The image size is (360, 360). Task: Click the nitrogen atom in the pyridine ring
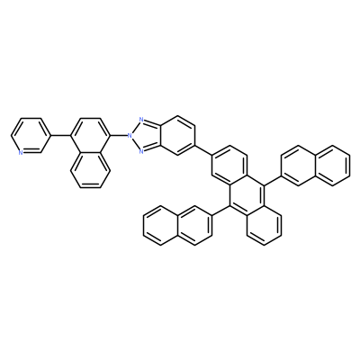point(20,152)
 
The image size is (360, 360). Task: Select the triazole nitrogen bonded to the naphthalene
point(130,136)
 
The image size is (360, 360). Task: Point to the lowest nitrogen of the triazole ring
point(141,151)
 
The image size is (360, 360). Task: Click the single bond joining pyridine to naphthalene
point(59,136)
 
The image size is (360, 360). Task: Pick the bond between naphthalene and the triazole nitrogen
point(119,136)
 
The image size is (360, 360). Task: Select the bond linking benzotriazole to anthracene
point(202,150)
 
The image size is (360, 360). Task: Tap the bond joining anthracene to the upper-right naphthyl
point(273,181)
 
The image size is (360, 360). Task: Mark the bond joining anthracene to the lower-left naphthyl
point(220,211)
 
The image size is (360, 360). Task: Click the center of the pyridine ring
point(30,136)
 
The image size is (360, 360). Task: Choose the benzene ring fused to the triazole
point(176,136)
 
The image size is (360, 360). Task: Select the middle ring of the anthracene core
point(246,195)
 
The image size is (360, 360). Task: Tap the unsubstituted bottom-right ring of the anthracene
point(264,226)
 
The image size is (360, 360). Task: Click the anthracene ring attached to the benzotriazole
point(229,166)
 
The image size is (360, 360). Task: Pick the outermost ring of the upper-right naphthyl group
point(332,166)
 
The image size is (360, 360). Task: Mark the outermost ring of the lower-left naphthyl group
point(161,226)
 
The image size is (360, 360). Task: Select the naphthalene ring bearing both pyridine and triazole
point(90,136)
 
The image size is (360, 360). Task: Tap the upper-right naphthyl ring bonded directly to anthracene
point(298,166)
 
